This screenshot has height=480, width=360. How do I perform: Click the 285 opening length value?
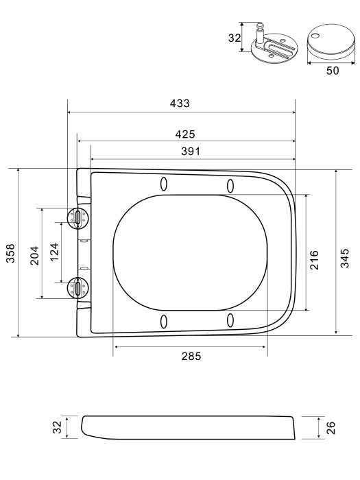click(191, 357)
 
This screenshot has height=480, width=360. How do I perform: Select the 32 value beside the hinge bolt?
click(234, 38)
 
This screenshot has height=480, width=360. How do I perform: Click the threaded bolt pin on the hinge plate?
click(260, 36)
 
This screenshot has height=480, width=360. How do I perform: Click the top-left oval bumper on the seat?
click(163, 184)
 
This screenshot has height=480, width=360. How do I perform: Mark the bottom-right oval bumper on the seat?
click(230, 321)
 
